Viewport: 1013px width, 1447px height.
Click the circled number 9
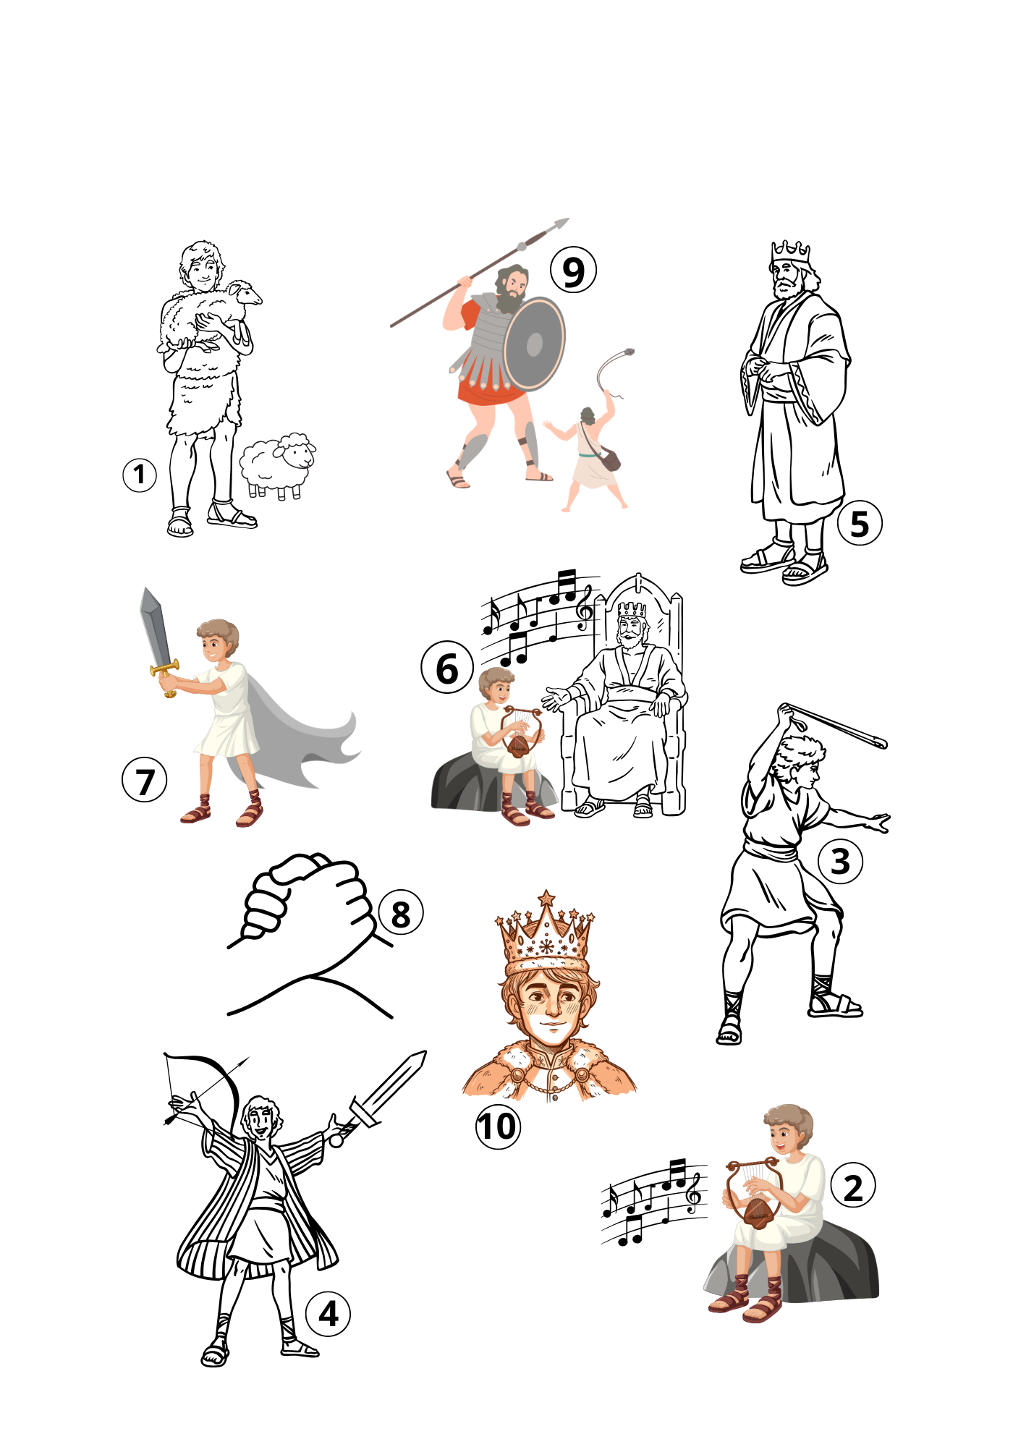pos(573,270)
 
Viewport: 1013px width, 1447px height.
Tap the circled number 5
pos(860,523)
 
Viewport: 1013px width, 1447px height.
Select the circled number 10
pos(498,1126)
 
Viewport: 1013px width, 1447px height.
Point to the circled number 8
pos(400,913)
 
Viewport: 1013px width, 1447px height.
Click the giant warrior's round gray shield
pos(534,344)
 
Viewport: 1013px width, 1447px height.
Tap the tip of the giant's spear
pos(569,218)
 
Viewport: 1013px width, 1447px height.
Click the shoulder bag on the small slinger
pos(610,459)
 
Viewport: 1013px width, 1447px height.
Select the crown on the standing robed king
pos(791,253)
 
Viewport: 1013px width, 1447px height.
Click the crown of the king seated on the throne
pos(632,609)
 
